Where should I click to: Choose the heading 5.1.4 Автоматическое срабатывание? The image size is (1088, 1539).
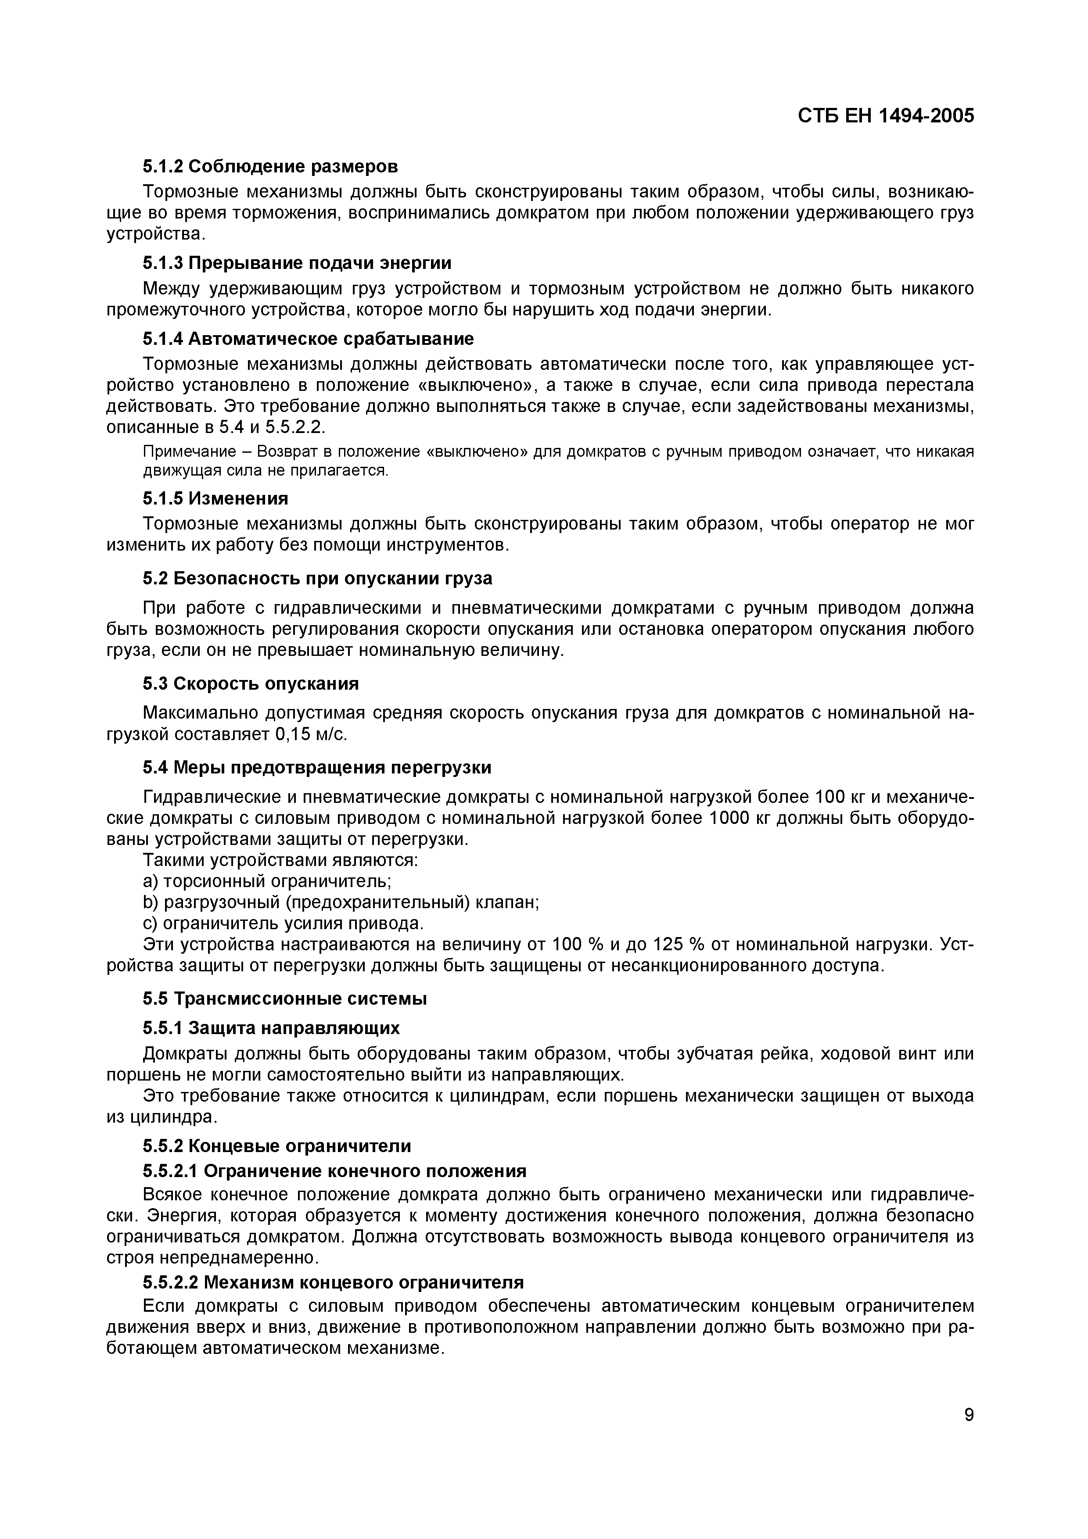coord(308,339)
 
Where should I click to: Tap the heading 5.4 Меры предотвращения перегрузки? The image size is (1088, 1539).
coord(317,767)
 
